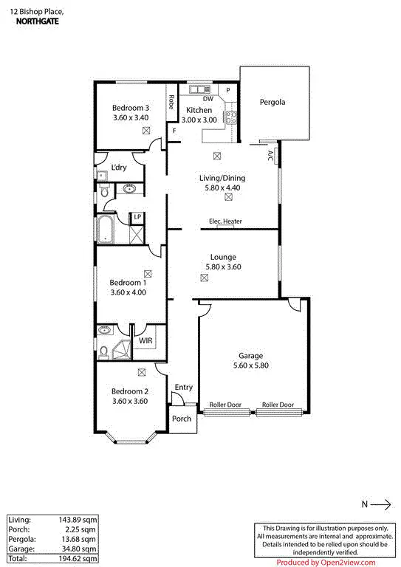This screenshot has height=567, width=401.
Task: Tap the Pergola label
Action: click(x=272, y=102)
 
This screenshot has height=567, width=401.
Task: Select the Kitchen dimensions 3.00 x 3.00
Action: click(x=199, y=120)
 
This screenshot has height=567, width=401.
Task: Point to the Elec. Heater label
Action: click(x=225, y=221)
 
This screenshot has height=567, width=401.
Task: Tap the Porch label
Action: click(x=182, y=419)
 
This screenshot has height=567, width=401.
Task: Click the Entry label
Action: click(x=183, y=387)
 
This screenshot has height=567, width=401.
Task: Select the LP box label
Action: click(x=137, y=217)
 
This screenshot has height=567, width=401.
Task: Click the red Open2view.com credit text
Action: click(x=326, y=562)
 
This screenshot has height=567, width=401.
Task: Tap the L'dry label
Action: click(x=119, y=167)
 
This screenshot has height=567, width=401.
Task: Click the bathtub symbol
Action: click(x=104, y=229)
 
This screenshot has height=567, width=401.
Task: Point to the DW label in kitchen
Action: click(x=208, y=99)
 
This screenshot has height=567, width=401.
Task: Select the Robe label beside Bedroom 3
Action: click(x=171, y=102)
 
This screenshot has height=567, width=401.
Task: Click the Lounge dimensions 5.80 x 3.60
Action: click(x=222, y=267)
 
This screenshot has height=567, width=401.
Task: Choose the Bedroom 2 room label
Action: click(x=131, y=391)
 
